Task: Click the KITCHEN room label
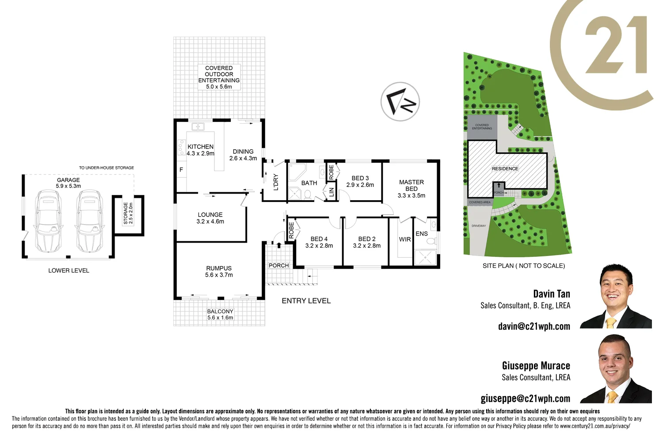[x=200, y=150]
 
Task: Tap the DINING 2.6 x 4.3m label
[x=243, y=155]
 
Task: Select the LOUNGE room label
[x=210, y=218]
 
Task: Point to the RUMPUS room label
[x=219, y=271]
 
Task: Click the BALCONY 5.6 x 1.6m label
[x=220, y=314]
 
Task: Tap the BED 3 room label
[x=360, y=181]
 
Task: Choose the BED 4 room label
[x=319, y=242]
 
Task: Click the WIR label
[x=405, y=239]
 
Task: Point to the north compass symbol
[x=400, y=102]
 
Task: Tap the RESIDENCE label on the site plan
[x=505, y=169]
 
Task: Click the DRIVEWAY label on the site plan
[x=478, y=226]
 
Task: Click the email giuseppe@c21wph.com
[x=525, y=398]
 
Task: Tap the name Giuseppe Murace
[x=536, y=366]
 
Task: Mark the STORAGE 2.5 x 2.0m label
[x=128, y=213]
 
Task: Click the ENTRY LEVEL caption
[x=306, y=301]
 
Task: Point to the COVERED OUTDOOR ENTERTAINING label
[x=219, y=77]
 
